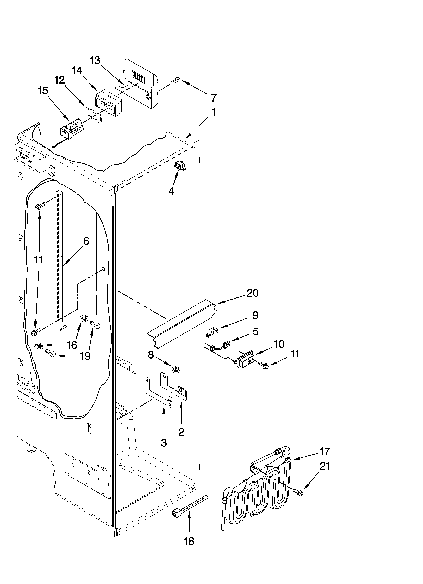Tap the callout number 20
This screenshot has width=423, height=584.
point(252,293)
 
